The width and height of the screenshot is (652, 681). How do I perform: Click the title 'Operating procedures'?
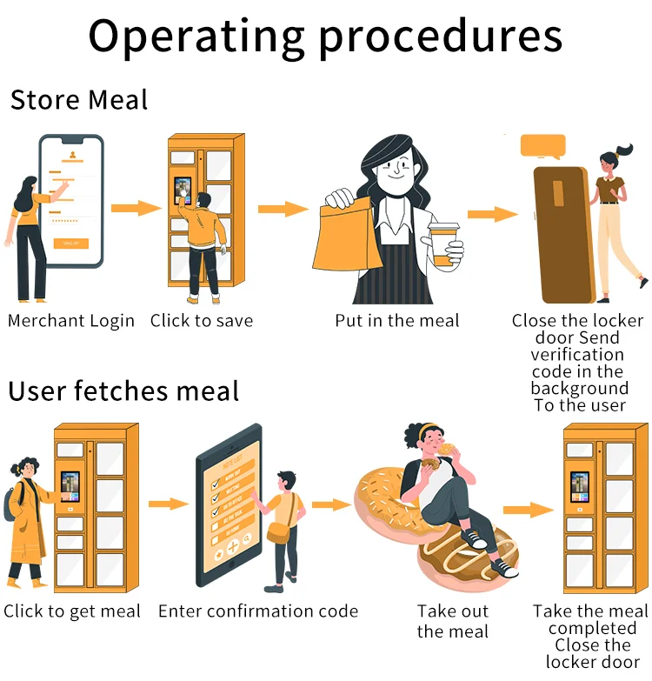(325, 37)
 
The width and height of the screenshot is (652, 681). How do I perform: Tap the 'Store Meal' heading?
(79, 100)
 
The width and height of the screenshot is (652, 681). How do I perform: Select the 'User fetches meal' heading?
(123, 391)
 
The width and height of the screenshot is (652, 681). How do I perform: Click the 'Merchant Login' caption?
(71, 321)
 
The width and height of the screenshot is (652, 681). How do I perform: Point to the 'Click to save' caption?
(202, 321)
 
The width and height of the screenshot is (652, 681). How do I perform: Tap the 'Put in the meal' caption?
(397, 321)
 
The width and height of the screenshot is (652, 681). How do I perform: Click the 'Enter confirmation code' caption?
(258, 611)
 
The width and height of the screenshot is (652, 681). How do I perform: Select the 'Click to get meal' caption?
(72, 611)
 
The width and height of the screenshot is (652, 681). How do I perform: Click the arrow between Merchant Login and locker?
(136, 208)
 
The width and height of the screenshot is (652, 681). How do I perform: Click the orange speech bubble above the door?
(542, 145)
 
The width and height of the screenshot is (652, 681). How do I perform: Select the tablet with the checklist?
(228, 504)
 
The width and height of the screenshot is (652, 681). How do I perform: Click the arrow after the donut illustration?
(529, 511)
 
